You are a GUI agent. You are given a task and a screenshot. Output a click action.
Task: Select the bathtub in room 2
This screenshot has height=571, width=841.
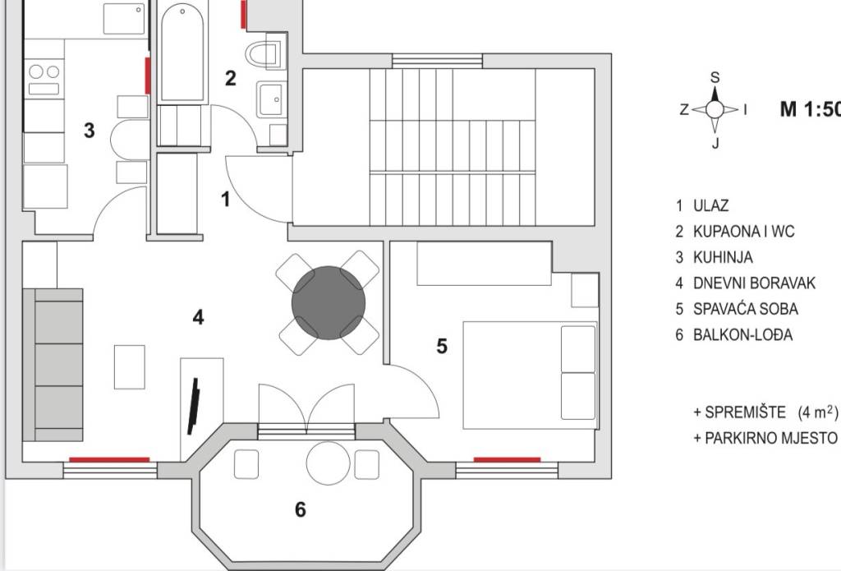[182, 53]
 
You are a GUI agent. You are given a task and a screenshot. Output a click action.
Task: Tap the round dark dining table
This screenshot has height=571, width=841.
[329, 302]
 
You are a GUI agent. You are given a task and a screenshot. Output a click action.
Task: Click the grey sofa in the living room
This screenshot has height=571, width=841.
[53, 365]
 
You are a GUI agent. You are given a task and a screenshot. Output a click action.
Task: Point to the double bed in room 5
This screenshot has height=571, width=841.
[530, 375]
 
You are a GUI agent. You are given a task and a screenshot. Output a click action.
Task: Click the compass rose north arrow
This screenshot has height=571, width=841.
[715, 94]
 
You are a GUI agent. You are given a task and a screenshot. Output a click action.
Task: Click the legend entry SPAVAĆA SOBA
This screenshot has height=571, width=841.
[746, 309]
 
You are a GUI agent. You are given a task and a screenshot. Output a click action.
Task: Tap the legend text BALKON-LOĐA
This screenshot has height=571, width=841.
[742, 334]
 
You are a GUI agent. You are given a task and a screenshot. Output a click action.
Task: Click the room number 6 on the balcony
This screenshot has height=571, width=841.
[301, 509]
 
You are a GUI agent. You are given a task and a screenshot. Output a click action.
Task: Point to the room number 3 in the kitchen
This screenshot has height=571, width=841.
[89, 130]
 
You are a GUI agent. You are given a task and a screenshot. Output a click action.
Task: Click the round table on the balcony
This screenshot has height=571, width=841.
[329, 463]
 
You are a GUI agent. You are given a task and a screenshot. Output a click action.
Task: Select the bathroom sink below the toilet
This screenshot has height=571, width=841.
[272, 99]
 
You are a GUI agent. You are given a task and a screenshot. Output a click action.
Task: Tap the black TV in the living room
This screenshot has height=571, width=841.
[194, 406]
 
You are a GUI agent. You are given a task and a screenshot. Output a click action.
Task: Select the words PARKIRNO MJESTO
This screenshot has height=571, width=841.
[770, 438]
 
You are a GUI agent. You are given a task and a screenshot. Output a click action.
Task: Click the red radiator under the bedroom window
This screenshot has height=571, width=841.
[507, 460]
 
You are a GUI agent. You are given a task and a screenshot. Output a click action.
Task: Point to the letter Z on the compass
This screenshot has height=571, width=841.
[684, 109]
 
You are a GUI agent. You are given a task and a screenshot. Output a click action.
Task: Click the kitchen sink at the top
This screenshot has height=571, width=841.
[124, 19]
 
